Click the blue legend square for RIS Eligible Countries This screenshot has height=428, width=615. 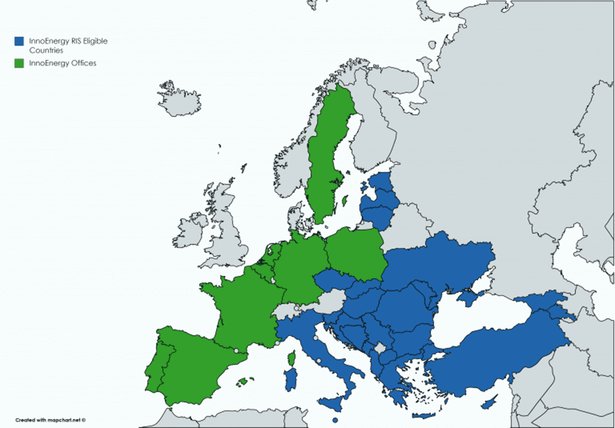pos(19,40)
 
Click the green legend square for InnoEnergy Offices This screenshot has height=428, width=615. pos(19,63)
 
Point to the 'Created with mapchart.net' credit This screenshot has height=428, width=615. pos(51,420)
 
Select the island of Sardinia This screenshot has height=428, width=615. pos(291,379)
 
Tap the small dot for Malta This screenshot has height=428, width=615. pos(336,420)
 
